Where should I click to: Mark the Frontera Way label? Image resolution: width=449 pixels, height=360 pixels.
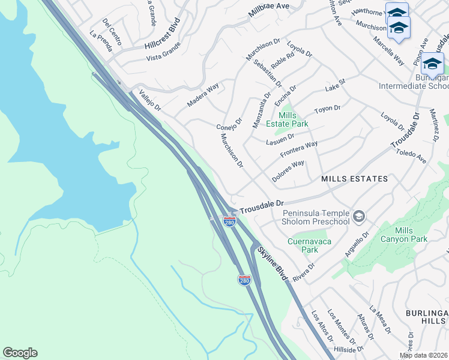coord(299,149)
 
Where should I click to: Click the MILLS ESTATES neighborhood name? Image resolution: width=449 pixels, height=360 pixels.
coord(354,179)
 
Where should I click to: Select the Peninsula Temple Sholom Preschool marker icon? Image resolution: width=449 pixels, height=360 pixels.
coord(359,216)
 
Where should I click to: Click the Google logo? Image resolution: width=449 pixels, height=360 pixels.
coord(20,353)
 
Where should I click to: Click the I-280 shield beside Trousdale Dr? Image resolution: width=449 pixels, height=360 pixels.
coord(229,221)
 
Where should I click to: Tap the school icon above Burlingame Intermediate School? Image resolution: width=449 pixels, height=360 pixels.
coord(432,64)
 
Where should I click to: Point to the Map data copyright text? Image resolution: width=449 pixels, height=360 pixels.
coord(423,355)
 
